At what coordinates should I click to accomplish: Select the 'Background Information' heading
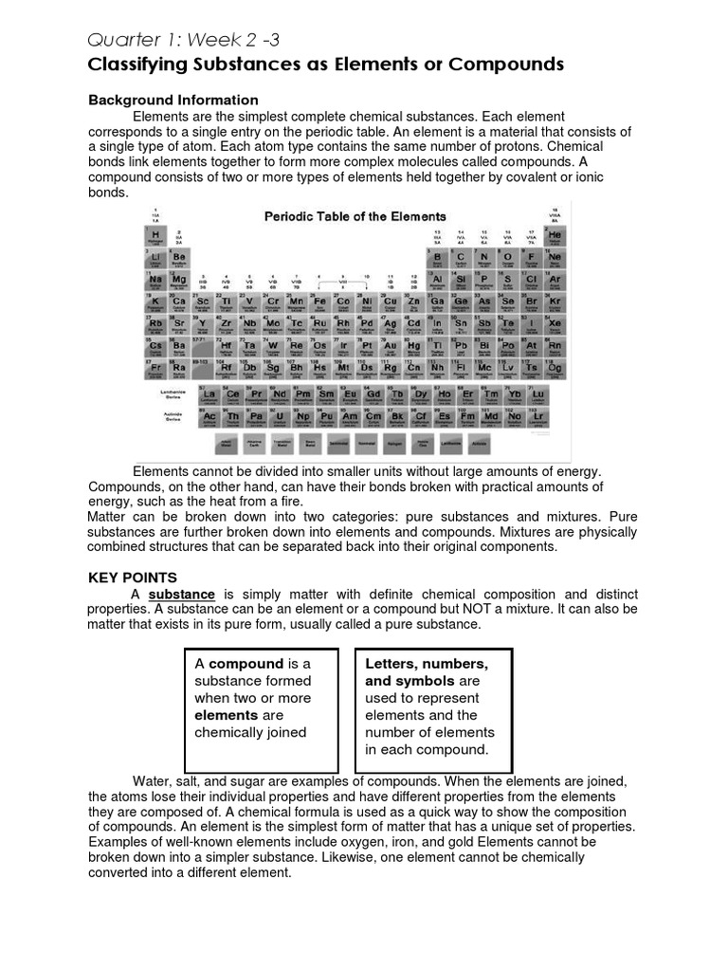point(173,100)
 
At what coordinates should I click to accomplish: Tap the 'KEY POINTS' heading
point(132,577)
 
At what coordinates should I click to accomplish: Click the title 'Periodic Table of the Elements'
point(355,216)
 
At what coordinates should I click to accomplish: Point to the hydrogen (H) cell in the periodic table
point(155,236)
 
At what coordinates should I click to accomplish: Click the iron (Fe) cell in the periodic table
point(319,303)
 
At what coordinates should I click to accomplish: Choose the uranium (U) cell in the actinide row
point(279,418)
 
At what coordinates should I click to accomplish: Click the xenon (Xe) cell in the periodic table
point(555,325)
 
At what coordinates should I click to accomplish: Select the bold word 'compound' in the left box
point(246,664)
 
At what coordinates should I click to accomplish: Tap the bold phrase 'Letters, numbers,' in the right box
point(427,664)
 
